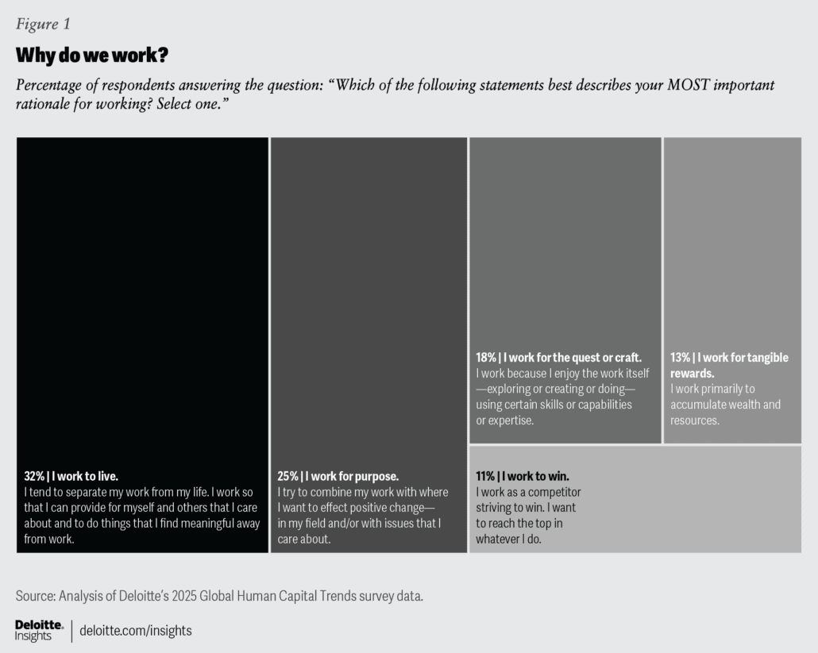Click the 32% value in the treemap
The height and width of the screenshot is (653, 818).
34,477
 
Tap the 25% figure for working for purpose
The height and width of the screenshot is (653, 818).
287,477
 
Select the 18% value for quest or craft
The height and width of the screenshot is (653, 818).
486,358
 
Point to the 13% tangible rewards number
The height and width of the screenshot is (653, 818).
681,358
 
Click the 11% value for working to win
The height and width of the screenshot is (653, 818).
485,477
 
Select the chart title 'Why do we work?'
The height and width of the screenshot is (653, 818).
92,56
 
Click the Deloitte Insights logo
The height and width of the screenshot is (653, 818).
39,630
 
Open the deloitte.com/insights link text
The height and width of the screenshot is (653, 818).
136,631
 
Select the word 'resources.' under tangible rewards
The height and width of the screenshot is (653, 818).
695,421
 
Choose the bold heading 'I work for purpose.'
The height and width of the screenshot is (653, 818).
353,477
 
